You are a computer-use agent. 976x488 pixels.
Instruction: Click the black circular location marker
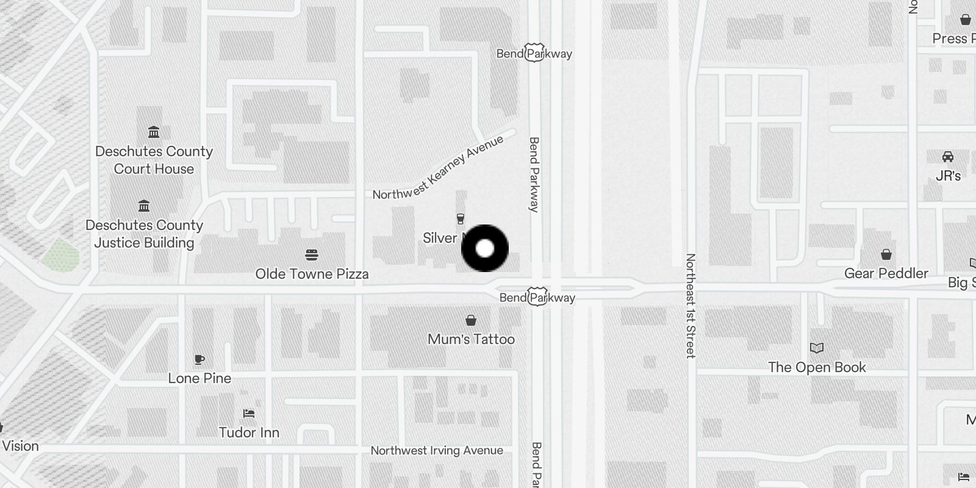(485, 248)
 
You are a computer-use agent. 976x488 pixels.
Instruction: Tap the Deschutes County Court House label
(154, 160)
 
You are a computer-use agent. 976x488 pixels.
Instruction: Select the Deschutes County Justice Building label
(144, 234)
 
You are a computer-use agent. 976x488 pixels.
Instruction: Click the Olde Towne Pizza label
(312, 274)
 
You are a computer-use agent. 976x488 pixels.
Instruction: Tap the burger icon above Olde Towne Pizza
(312, 254)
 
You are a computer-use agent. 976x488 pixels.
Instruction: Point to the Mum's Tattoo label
(471, 339)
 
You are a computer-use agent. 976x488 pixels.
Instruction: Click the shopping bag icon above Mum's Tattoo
(471, 320)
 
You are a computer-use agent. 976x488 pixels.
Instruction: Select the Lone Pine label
(199, 378)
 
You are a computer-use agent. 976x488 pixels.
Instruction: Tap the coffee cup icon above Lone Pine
(199, 359)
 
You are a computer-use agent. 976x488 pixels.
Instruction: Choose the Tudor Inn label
(249, 432)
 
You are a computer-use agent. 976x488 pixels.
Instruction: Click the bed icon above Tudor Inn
(248, 414)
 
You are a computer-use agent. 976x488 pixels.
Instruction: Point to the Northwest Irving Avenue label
(437, 451)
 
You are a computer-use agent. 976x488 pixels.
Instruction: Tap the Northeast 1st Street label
(691, 306)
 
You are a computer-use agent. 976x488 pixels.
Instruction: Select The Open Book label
(817, 367)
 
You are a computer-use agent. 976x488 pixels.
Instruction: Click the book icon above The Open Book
(817, 348)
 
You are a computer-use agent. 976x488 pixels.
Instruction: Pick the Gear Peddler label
(886, 273)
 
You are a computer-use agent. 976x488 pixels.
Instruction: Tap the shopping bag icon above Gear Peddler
(886, 254)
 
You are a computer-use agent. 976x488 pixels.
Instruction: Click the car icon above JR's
(947, 157)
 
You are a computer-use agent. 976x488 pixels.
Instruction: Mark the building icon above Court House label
(154, 132)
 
